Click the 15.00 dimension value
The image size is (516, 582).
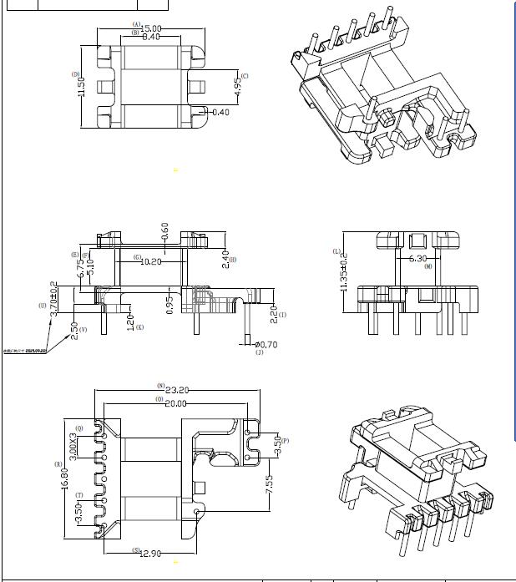[151, 29]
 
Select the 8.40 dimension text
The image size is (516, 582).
[151, 38]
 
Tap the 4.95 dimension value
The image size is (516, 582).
[236, 84]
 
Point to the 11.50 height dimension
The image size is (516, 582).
[82, 87]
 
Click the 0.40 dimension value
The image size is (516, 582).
[221, 112]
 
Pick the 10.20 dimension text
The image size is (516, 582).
[151, 261]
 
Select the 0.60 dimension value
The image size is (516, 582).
[164, 230]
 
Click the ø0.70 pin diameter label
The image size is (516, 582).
[266, 344]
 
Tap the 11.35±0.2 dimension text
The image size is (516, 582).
[343, 273]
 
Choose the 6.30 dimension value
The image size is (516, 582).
[417, 259]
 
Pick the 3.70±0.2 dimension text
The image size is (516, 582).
[54, 296]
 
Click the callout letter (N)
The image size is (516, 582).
[160, 385]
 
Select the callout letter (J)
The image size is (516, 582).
[259, 353]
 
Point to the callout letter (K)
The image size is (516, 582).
[139, 327]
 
